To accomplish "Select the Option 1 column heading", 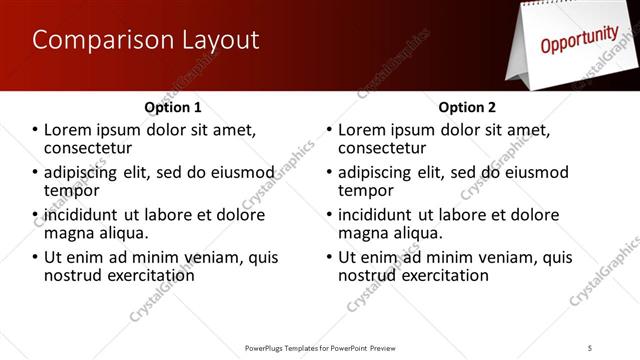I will coord(173,107).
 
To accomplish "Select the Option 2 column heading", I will coord(467,107).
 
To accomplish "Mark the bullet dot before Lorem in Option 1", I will coord(35,130).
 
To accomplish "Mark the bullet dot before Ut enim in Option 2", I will coord(330,258).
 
